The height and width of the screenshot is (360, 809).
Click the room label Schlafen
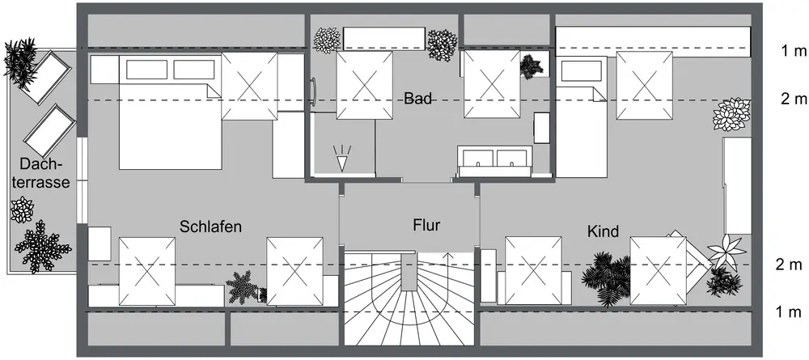(x=211, y=227)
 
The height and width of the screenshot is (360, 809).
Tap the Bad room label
(x=418, y=100)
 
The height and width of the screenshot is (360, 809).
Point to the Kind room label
(x=603, y=232)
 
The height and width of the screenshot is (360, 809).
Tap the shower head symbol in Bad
(x=343, y=159)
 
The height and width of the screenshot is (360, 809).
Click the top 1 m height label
(x=794, y=52)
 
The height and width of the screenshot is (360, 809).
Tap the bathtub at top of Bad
(x=384, y=37)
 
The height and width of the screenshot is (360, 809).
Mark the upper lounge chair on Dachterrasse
(x=44, y=75)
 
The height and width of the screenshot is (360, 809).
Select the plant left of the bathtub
(x=327, y=39)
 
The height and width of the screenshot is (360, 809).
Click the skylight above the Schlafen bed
(x=250, y=87)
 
